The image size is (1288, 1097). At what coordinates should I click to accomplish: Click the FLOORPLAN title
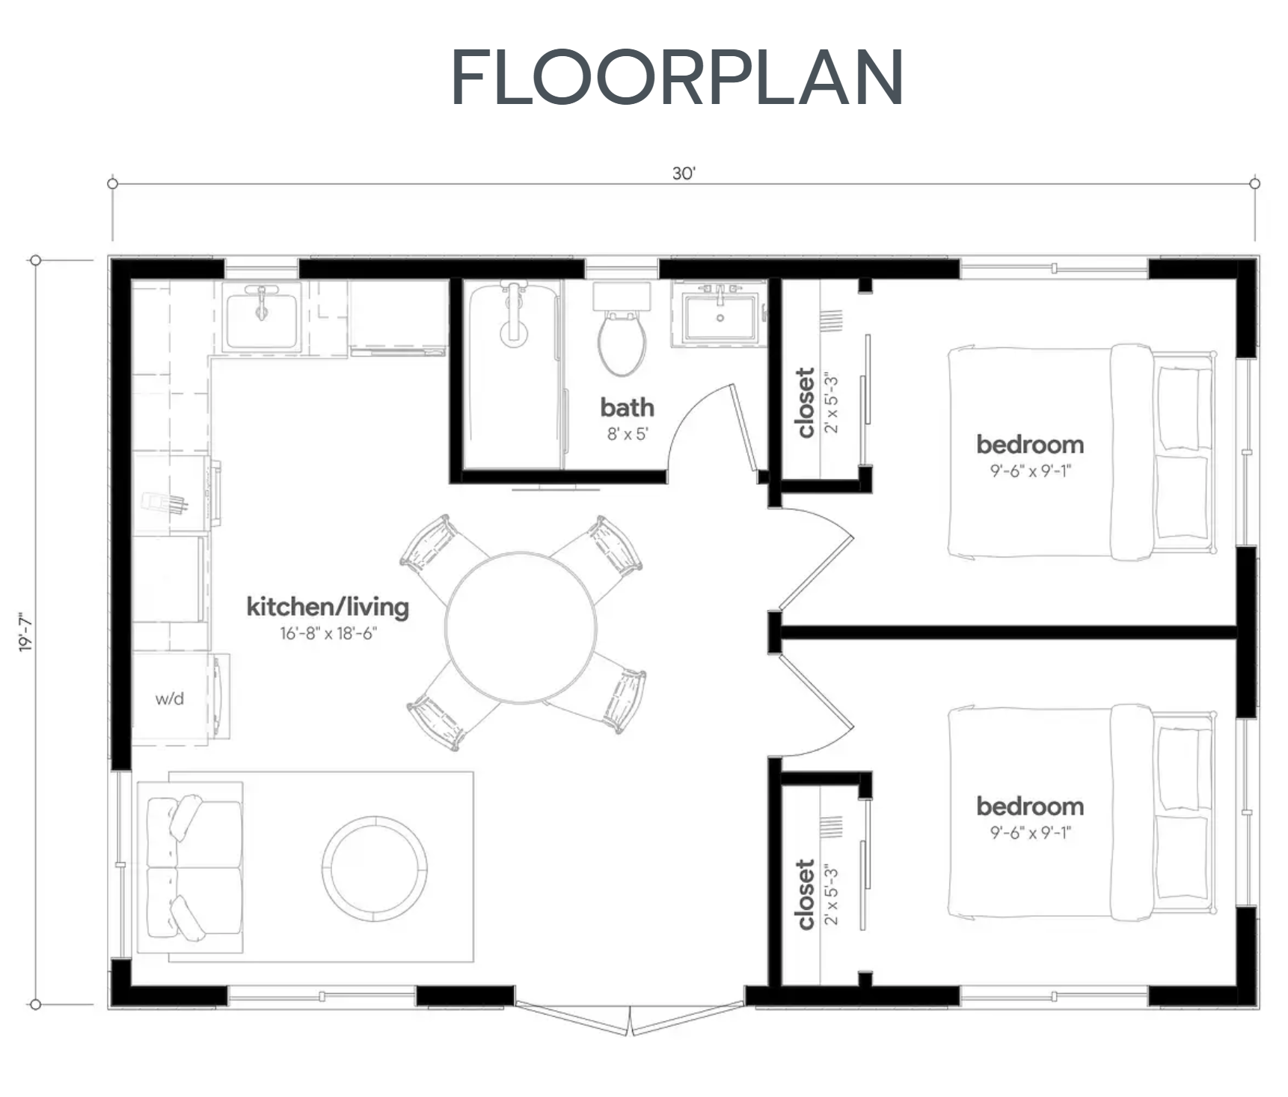click(677, 78)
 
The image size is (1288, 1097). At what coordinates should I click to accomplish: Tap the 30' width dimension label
click(683, 174)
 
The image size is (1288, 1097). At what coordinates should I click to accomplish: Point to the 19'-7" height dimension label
click(25, 632)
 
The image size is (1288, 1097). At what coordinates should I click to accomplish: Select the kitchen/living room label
click(328, 606)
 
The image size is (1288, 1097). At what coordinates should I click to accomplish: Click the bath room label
click(627, 408)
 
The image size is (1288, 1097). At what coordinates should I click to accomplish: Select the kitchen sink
click(262, 318)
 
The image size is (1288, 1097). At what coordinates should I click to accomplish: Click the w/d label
click(170, 699)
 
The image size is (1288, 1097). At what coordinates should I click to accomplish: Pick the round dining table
click(521, 627)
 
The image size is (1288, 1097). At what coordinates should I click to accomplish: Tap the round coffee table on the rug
click(374, 867)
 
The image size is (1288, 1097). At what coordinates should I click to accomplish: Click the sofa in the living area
click(193, 867)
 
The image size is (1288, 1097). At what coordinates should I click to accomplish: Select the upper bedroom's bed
click(1081, 452)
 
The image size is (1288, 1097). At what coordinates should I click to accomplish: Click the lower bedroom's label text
click(1030, 806)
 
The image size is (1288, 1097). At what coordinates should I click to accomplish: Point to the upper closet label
click(806, 403)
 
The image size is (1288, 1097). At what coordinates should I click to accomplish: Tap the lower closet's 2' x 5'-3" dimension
click(831, 894)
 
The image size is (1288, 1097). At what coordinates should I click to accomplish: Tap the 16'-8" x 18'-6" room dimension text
click(328, 633)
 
